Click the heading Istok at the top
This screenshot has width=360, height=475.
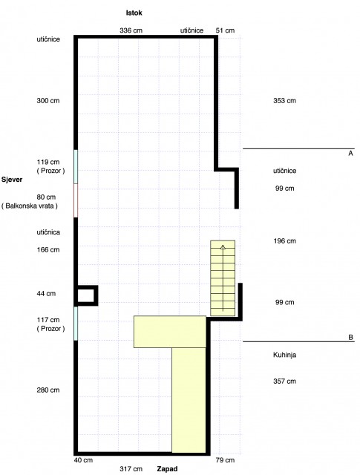(134, 13)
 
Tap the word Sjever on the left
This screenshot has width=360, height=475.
(12, 180)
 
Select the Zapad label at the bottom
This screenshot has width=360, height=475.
(167, 469)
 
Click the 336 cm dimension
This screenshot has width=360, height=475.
(131, 30)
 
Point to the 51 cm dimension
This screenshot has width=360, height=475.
(225, 30)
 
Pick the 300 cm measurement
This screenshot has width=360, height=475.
(48, 101)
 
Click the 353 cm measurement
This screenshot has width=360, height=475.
(284, 101)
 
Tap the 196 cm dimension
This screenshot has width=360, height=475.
(284, 241)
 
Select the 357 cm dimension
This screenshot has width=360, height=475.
(284, 381)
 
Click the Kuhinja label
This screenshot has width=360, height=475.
(284, 355)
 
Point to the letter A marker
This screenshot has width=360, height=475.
(350, 154)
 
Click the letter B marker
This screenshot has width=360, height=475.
(350, 338)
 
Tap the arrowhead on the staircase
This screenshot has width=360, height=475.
(223, 247)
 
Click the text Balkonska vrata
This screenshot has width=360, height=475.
(30, 206)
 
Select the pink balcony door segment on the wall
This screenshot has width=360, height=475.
(76, 200)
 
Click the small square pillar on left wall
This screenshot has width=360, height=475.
(87, 295)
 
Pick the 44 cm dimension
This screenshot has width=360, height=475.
(46, 294)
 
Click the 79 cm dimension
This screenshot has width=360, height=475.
(225, 460)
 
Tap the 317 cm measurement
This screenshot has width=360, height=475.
(131, 469)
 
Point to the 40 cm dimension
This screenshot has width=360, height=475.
(83, 460)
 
